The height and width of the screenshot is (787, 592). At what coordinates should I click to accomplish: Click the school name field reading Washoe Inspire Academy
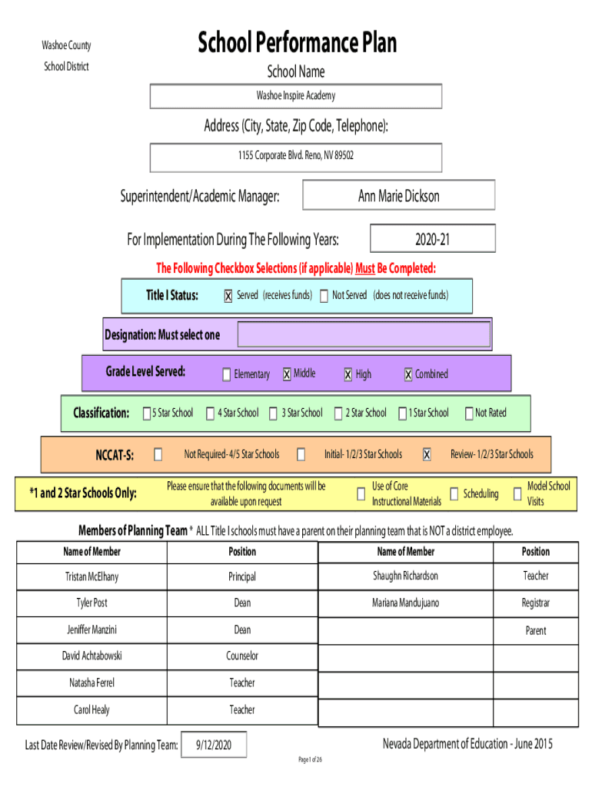coord(296,96)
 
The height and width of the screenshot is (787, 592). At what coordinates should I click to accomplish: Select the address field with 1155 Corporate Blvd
coord(296,158)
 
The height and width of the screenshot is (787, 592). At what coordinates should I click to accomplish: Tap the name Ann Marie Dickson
coord(399,196)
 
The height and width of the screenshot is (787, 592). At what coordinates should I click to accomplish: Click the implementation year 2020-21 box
coord(432,238)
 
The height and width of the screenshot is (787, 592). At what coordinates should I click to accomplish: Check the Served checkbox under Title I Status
coord(228,296)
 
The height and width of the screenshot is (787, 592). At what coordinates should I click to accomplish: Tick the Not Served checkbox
coord(324,296)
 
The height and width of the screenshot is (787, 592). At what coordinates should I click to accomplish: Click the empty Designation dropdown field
coord(364,334)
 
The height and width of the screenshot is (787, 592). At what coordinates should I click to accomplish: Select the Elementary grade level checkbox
coord(227,374)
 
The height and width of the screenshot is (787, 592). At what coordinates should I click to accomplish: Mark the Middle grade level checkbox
coord(287,374)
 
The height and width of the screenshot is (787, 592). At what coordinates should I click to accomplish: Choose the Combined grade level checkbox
coord(408,374)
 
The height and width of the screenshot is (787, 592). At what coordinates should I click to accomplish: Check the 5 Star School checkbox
coord(147,413)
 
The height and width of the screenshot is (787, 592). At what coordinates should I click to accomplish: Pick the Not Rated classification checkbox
coord(469,413)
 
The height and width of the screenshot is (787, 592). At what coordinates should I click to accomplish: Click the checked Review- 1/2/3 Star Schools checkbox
coord(426,454)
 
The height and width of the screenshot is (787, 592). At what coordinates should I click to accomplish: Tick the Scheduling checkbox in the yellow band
coord(454,494)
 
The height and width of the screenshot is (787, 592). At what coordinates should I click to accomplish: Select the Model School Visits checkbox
coord(517,494)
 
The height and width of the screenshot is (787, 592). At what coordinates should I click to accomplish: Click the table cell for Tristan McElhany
coord(92,576)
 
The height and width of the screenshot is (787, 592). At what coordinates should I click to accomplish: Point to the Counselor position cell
coord(242,656)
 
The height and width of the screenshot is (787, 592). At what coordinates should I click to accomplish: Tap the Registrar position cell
coord(536,603)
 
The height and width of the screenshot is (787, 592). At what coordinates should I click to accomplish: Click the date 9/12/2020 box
coord(214,745)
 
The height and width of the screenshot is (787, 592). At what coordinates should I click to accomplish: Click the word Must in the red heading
coord(365,268)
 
